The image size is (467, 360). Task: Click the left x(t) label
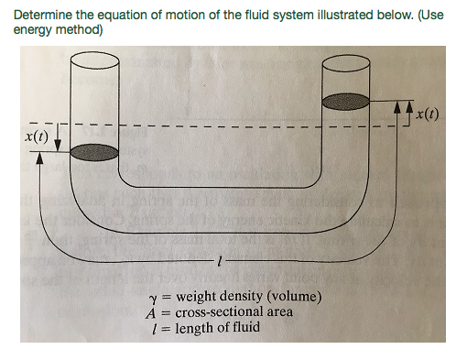pos(38,136)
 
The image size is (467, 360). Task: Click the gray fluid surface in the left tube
pos(94,153)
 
